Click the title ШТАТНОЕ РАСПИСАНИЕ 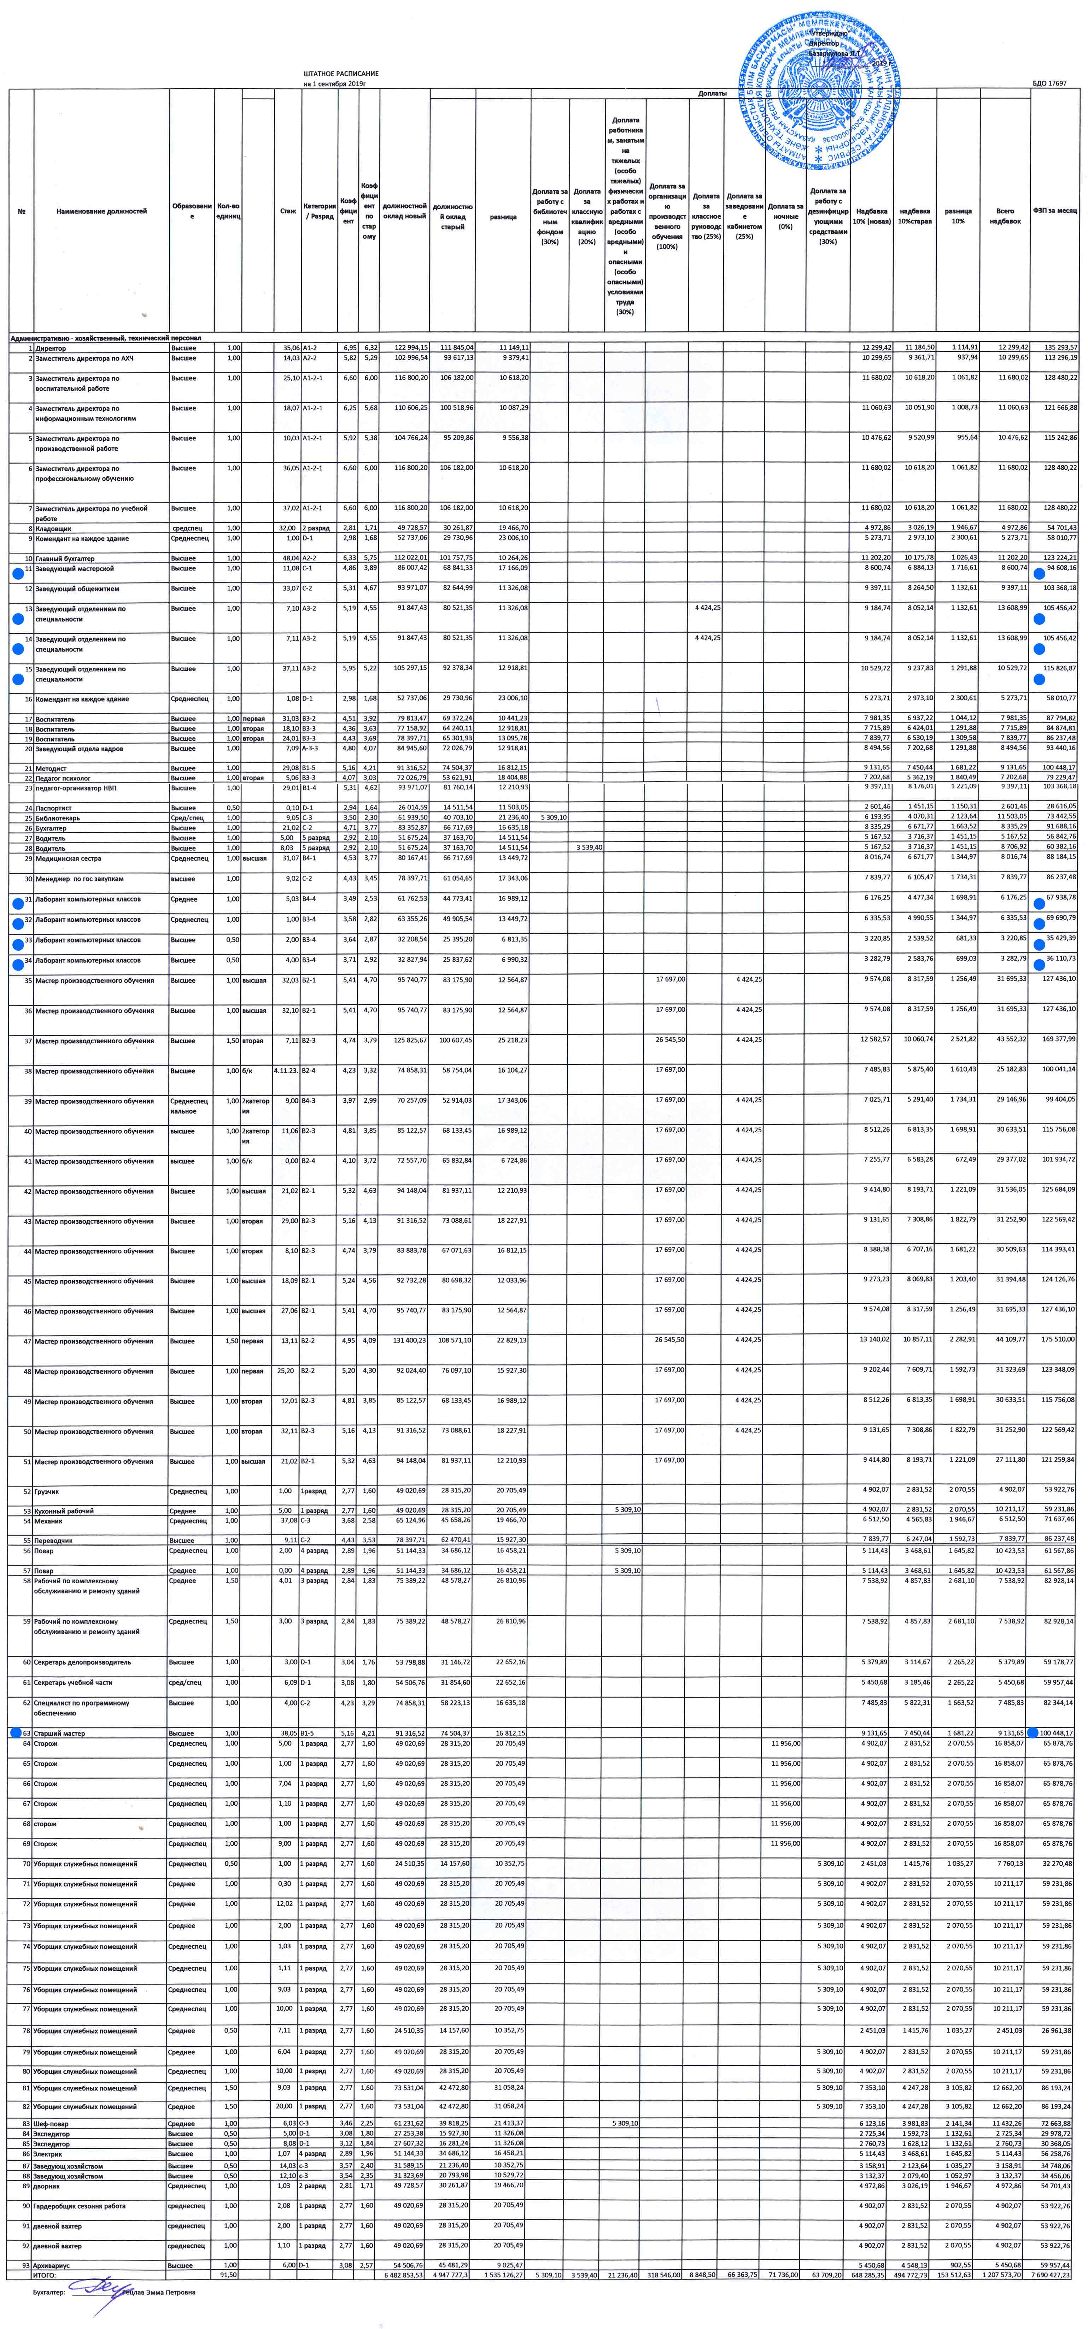341,73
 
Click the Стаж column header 288,211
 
